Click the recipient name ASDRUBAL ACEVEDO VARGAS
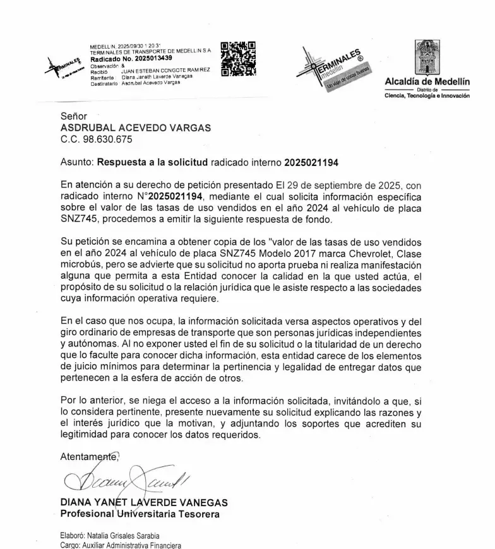[x=136, y=127]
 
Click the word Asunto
[x=76, y=162]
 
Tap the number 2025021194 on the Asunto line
[x=311, y=162]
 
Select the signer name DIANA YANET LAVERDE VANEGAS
[x=144, y=503]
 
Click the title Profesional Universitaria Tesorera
[x=140, y=514]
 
